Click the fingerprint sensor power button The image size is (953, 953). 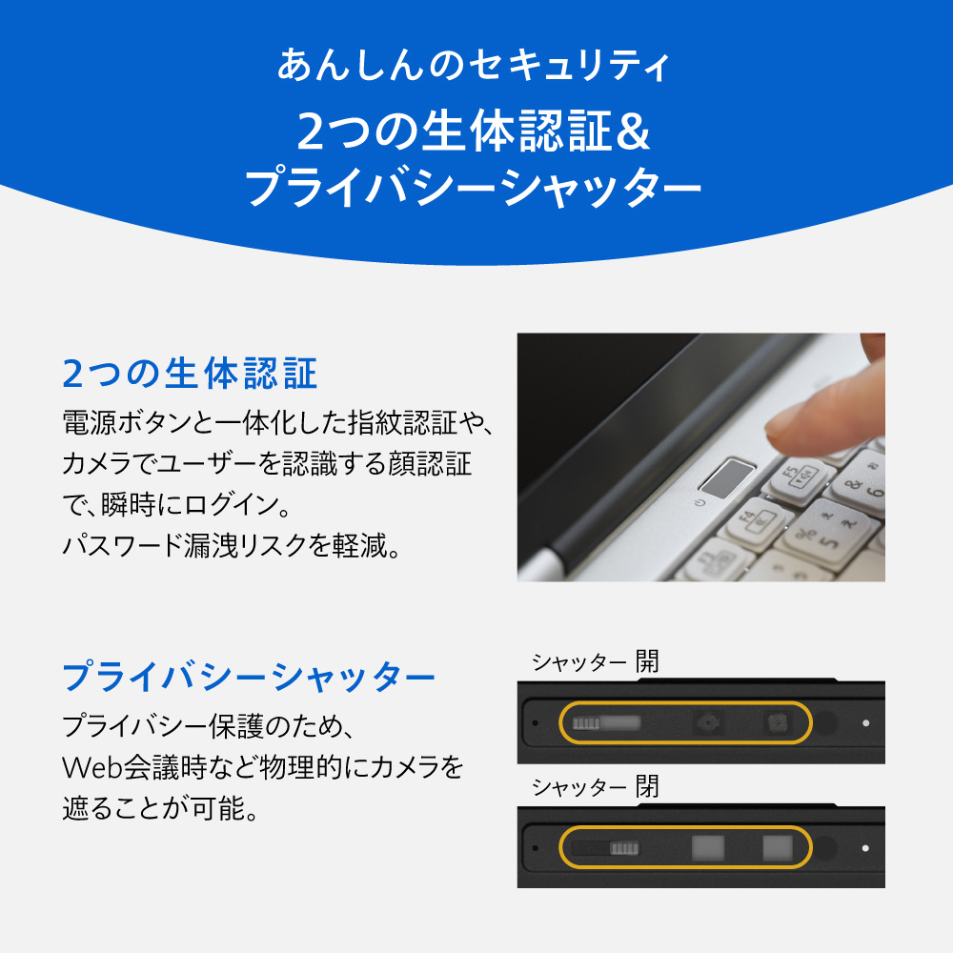pyautogui.click(x=727, y=478)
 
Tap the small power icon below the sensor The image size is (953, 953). pyautogui.click(x=700, y=503)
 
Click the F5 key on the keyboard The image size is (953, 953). pyautogui.click(x=798, y=479)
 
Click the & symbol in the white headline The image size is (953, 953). pyautogui.click(x=634, y=131)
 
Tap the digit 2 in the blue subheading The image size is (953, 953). pyautogui.click(x=73, y=374)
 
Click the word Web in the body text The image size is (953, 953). pyautogui.click(x=92, y=767)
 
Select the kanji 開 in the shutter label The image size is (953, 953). pyautogui.click(x=647, y=660)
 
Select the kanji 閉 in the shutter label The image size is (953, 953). pyautogui.click(x=647, y=786)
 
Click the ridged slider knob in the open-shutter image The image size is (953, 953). pyautogui.click(x=586, y=722)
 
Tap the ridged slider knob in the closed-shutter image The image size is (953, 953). pyautogui.click(x=625, y=848)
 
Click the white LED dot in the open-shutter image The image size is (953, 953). pyautogui.click(x=865, y=722)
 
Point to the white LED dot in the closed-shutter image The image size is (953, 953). pyautogui.click(x=865, y=848)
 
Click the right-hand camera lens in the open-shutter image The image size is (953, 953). pyautogui.click(x=778, y=722)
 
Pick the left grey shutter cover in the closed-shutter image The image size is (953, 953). pyautogui.click(x=708, y=848)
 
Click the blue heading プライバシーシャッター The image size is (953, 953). pyautogui.click(x=249, y=677)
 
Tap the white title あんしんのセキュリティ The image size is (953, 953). pyautogui.click(x=474, y=65)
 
